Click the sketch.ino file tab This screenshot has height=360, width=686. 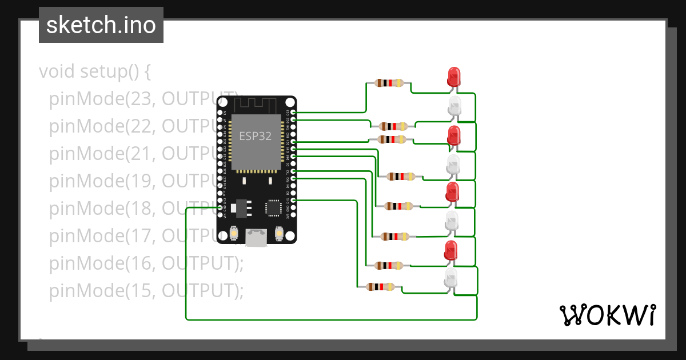coord(101,25)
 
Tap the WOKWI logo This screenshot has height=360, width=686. coord(607,315)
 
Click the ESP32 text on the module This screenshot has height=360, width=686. coord(255,137)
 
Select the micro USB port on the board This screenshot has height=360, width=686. coord(256,238)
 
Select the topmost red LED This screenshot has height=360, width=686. coord(453,77)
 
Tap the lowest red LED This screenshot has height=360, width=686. coord(451,251)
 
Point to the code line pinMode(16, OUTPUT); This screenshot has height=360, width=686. coord(146,263)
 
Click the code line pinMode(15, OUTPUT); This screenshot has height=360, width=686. coord(146,291)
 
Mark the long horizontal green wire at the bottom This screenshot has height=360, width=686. coord(332,319)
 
